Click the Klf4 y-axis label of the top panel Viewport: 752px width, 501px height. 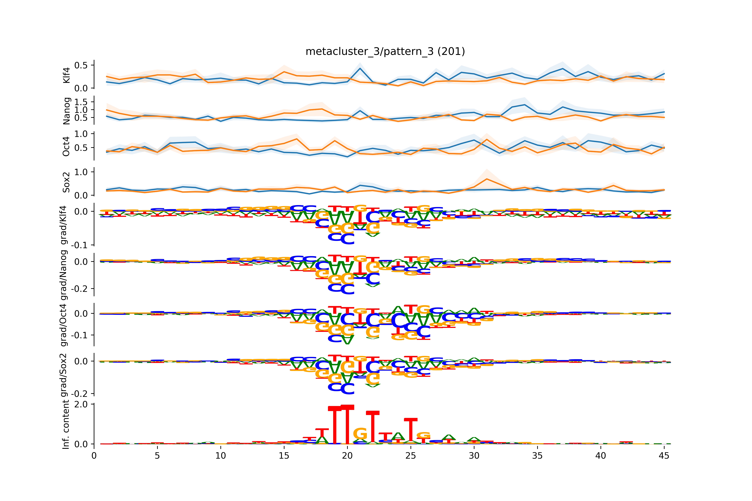click(67, 75)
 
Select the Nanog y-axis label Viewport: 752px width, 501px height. click(67, 111)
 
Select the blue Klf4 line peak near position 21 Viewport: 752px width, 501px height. click(360, 68)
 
